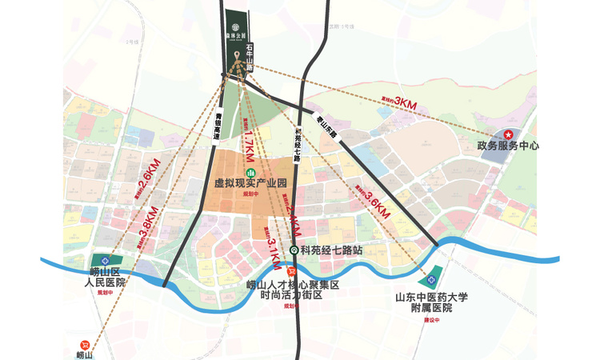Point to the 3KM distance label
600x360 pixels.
point(406,105)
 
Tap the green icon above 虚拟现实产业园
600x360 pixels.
point(250,172)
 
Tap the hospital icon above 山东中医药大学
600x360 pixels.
point(432,281)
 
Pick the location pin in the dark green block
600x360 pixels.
point(238,55)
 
